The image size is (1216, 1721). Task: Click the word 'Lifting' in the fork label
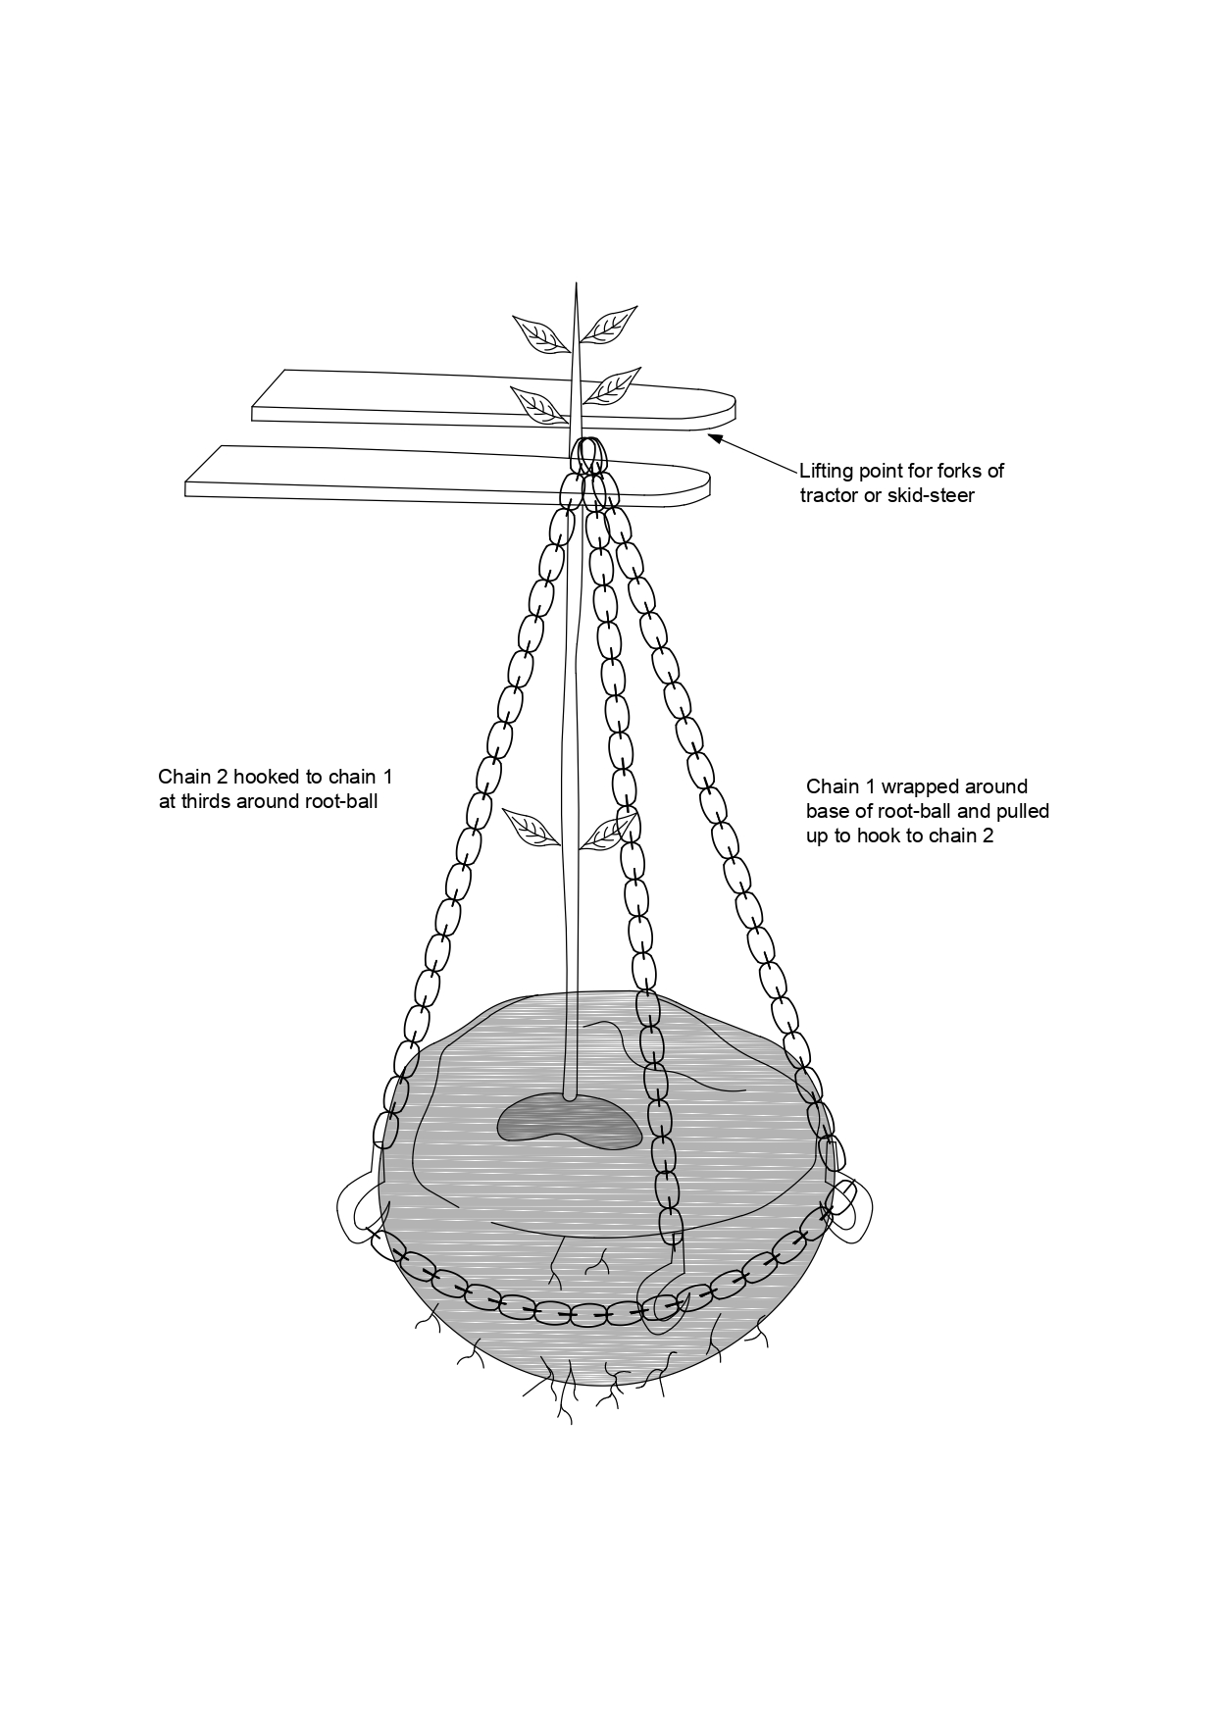click(825, 472)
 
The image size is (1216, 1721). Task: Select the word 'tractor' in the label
click(831, 496)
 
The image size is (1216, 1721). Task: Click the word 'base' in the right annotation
click(829, 812)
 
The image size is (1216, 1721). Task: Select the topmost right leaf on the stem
click(607, 324)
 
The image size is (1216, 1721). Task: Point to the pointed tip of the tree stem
click(576, 288)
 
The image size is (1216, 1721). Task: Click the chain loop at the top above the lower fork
click(588, 457)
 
